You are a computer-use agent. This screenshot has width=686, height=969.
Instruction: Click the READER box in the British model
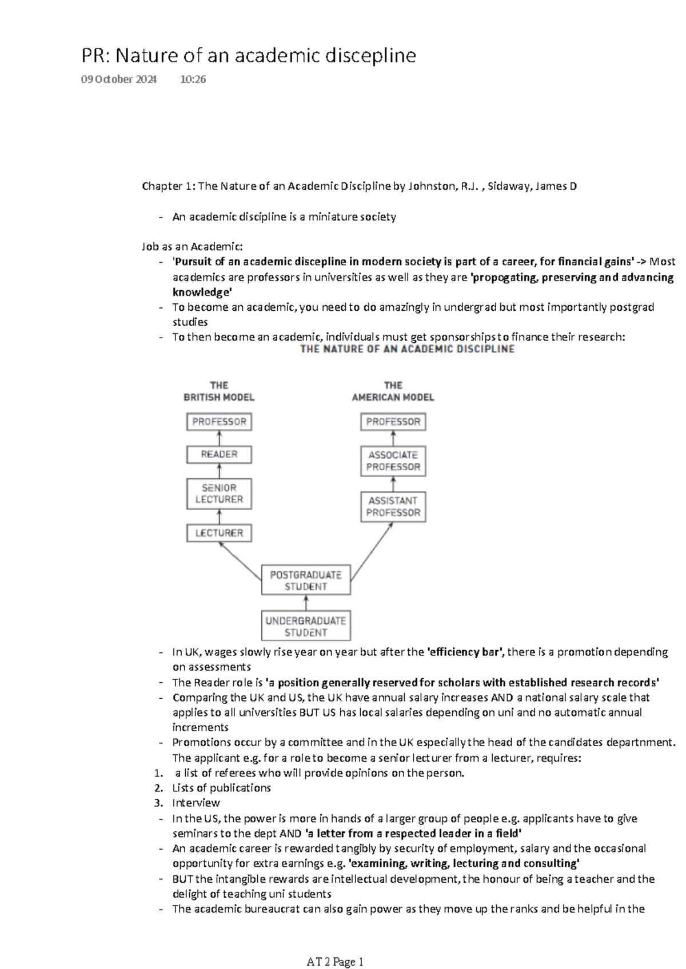219,455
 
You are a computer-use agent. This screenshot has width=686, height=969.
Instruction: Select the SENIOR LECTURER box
219,494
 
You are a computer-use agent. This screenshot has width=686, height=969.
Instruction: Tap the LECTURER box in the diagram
219,533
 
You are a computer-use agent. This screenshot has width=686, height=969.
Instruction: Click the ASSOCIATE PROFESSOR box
393,461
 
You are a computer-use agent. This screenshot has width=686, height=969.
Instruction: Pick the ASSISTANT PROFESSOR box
393,507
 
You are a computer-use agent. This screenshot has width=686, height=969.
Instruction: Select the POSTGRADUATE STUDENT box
306,580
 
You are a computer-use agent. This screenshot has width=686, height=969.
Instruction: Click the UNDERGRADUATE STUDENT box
306,626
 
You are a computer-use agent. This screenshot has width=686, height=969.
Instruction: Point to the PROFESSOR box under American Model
393,422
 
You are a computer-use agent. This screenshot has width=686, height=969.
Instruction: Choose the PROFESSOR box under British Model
219,422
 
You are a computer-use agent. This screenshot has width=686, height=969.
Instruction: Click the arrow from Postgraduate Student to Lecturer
240,561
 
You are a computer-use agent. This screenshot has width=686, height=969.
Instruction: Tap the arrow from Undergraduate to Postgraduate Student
306,603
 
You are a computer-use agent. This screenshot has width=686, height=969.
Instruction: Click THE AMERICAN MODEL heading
393,391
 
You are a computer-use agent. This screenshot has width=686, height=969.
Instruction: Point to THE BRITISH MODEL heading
219,391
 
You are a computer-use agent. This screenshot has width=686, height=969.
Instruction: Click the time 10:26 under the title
193,79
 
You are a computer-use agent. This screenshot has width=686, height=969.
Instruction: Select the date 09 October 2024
119,79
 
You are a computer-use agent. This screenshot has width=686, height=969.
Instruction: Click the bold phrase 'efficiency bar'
466,652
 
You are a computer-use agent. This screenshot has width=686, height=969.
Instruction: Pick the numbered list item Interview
196,803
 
